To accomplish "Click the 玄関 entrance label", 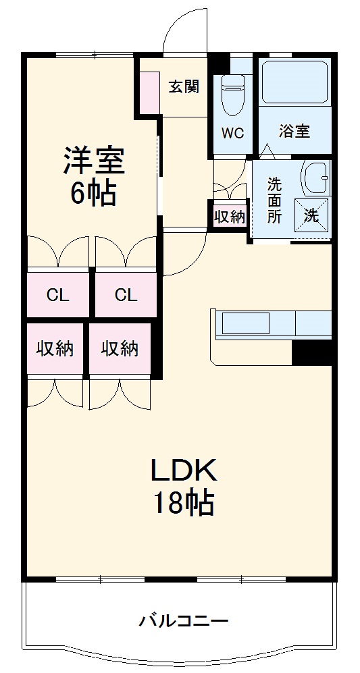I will pos(183,86).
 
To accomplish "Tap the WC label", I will pos(233,132).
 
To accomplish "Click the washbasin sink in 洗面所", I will pos(315,179).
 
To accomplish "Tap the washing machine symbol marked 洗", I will pos(311,215).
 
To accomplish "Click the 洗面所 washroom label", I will pos(274,200).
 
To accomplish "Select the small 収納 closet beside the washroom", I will pos(230,217).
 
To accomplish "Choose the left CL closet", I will pos(58,294).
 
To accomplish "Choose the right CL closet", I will pos(126,294).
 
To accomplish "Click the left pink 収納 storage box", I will pos(55,348).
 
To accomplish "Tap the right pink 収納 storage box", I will pos(120,348).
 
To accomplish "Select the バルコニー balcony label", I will pos(184,620).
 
